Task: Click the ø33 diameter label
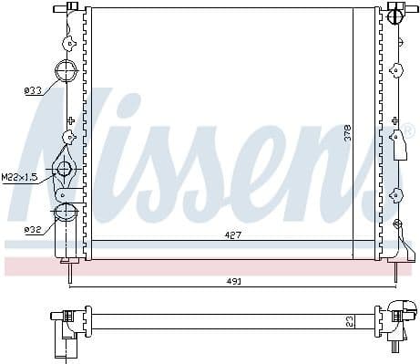[x=32, y=89]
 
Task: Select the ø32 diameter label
[x=32, y=229]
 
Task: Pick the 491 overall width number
[x=235, y=281]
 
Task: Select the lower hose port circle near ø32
[x=67, y=213]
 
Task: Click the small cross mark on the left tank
[x=70, y=120]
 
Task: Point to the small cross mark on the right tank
[x=394, y=120]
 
